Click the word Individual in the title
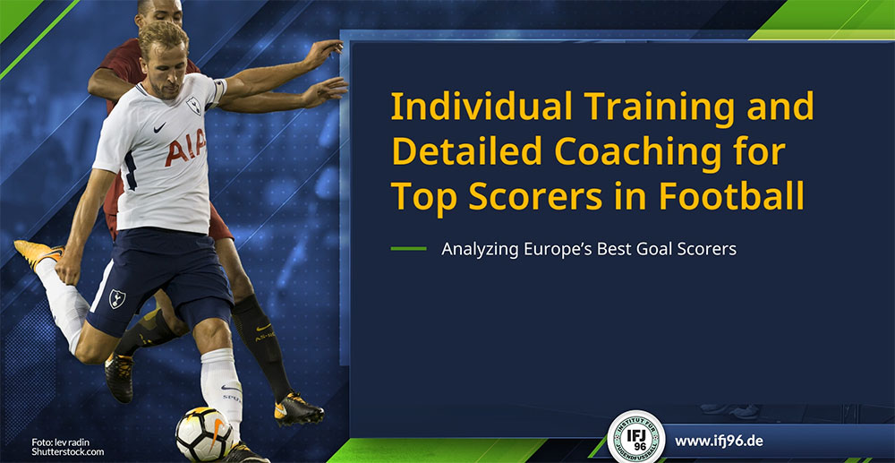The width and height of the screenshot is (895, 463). pos(480,107)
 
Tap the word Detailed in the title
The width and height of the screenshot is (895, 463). pos(467,151)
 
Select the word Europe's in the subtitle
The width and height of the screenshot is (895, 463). pos(558,250)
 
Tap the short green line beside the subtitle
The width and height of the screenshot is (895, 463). pos(409,249)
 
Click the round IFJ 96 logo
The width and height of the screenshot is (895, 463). pos(635,437)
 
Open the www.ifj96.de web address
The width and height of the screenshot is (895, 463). pos(719,441)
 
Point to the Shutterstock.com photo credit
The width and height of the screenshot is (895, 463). pos(67,451)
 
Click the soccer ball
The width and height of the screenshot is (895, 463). pos(204,433)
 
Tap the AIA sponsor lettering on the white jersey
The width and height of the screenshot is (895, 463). pos(185,147)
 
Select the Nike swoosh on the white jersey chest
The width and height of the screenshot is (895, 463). pos(159,127)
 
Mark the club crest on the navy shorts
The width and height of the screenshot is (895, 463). pos(117,298)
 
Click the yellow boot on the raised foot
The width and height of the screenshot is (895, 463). pos(37,252)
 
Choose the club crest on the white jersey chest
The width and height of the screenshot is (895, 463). pos(193,105)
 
